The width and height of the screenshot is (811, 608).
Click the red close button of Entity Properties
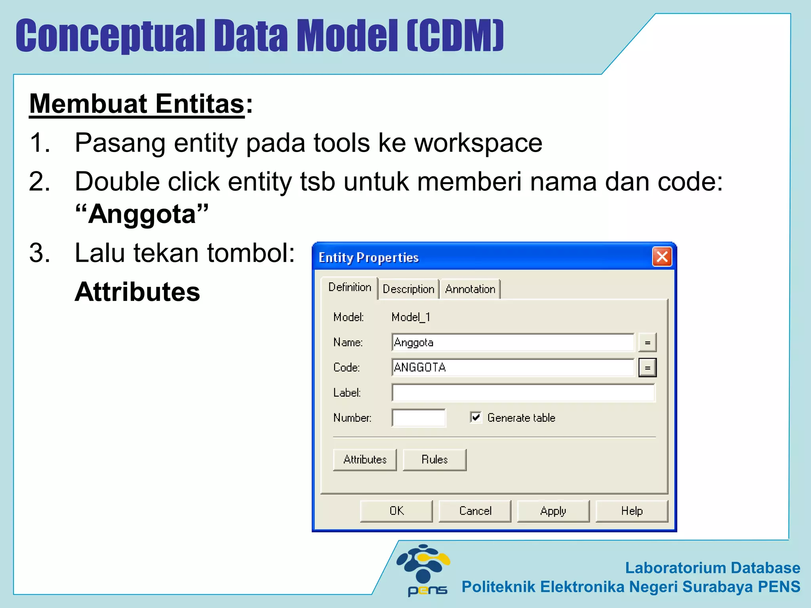click(662, 257)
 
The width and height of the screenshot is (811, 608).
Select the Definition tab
click(350, 287)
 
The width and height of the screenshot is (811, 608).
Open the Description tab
click(408, 289)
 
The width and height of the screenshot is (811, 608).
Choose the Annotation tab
click(470, 289)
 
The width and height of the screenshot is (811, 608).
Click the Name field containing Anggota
click(513, 342)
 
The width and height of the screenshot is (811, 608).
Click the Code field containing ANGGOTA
click(513, 367)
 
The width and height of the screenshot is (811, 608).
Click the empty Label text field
click(523, 393)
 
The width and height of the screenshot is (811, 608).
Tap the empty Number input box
click(419, 418)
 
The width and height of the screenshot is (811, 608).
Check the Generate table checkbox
click(476, 417)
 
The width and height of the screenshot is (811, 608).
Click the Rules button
click(434, 460)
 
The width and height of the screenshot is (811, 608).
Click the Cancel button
click(475, 511)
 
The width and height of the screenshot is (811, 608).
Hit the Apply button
click(553, 511)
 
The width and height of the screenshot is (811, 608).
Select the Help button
click(632, 511)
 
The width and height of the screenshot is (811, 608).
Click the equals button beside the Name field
click(647, 343)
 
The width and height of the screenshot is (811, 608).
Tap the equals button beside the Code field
click(647, 368)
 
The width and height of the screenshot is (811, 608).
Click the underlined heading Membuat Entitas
click(137, 104)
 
